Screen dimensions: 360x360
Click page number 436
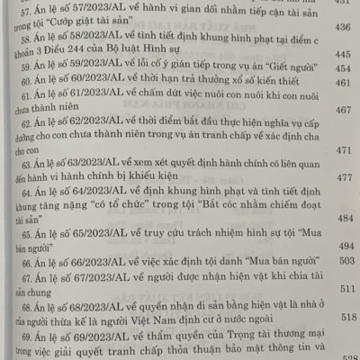click(x=342, y=27)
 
